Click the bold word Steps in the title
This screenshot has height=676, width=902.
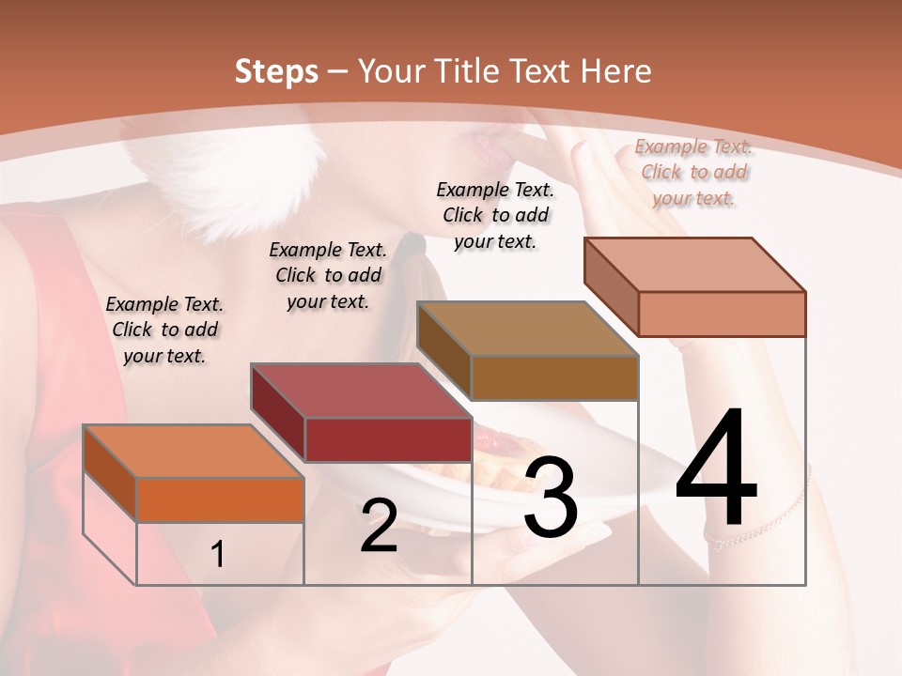(x=275, y=71)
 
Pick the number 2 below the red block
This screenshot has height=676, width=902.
(x=379, y=526)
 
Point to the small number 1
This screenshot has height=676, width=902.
(x=217, y=555)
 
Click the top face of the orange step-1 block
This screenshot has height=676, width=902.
(x=193, y=452)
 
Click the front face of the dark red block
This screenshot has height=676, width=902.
(x=387, y=439)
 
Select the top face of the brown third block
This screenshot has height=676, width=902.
(x=526, y=329)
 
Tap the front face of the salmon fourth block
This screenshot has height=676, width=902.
(x=721, y=314)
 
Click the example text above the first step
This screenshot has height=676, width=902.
(x=164, y=330)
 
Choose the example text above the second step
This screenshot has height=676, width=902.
(x=328, y=275)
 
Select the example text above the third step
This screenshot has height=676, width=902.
(x=495, y=215)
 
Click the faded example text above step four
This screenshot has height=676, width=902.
(x=693, y=172)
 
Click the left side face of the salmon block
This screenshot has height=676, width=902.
(x=611, y=286)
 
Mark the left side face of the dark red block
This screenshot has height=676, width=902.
(x=277, y=412)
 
